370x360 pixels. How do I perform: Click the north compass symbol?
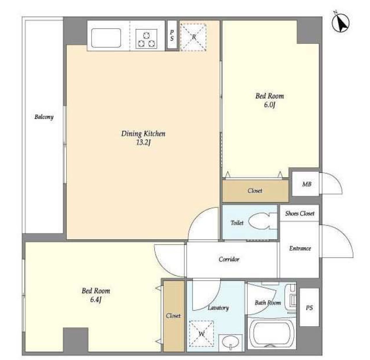pyautogui.click(x=341, y=23)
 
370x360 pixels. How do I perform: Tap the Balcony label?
pyautogui.click(x=44, y=117)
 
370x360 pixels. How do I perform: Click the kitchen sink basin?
pyautogui.click(x=106, y=38)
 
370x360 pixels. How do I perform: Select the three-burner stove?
pyautogui.click(x=146, y=39)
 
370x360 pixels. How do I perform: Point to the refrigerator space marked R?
pyautogui.click(x=193, y=37)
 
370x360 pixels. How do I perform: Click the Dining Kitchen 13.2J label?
pyautogui.click(x=143, y=138)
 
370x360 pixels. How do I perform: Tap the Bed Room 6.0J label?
pyautogui.click(x=269, y=100)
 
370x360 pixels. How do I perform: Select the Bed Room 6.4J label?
pyautogui.click(x=96, y=295)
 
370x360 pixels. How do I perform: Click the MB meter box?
pyautogui.click(x=306, y=184)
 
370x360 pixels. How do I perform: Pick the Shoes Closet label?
pyautogui.click(x=300, y=214)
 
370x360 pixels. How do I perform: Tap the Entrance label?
pyautogui.click(x=300, y=248)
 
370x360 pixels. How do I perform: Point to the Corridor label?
pyautogui.click(x=229, y=259)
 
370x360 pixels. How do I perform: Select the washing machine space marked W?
pyautogui.click(x=201, y=333)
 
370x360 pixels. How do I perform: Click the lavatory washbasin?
pyautogui.click(x=230, y=343)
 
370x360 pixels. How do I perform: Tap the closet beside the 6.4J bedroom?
pyautogui.click(x=174, y=316)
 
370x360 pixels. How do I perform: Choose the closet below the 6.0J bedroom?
pyautogui.click(x=255, y=191)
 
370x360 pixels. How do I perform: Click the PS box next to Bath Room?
pyautogui.click(x=309, y=307)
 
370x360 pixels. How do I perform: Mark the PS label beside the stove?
pyautogui.click(x=172, y=35)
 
